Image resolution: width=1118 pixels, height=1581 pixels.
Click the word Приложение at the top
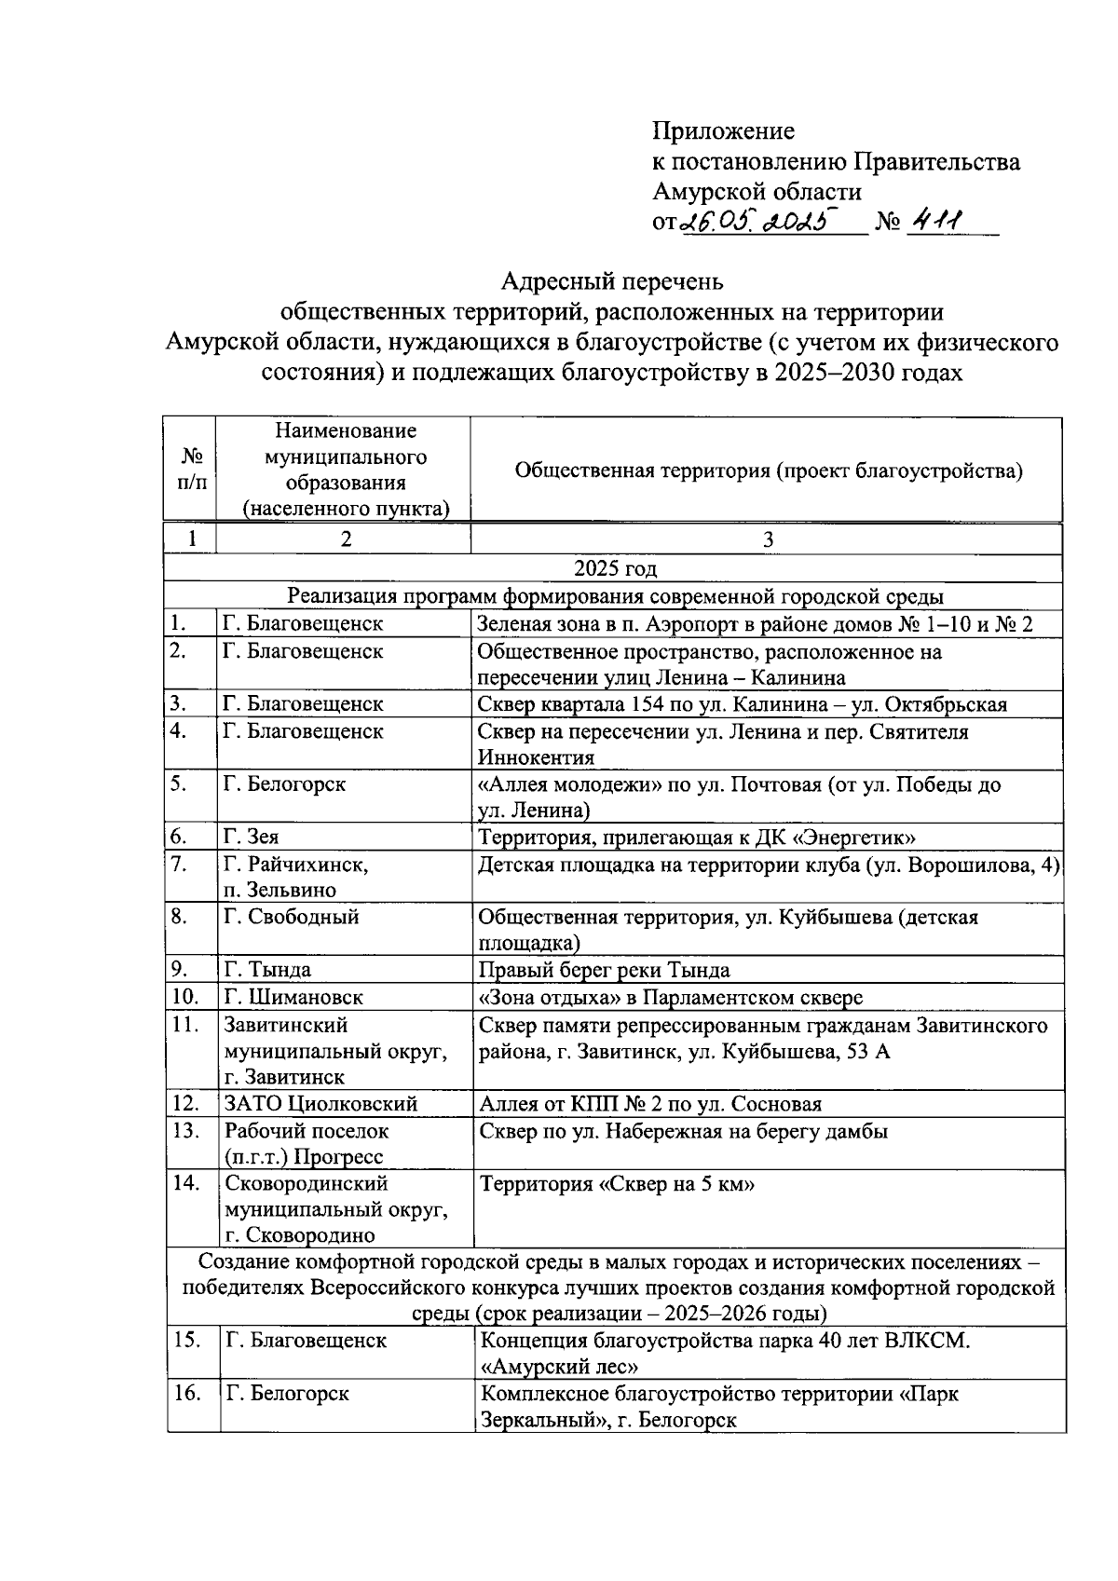pos(722,130)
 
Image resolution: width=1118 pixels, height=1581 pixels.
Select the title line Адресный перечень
pos(611,279)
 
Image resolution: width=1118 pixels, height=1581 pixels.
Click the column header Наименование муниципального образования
pos(345,470)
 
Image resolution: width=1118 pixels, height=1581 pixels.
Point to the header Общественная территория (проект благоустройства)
pos(768,470)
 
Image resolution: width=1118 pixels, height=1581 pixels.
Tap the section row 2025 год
pos(614,568)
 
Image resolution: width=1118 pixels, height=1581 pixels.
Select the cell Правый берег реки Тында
pos(604,971)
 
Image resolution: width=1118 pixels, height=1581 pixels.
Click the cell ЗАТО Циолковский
pos(320,1104)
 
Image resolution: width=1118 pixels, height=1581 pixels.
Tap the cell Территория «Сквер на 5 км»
pos(616,1184)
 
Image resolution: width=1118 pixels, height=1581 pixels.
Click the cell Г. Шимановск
pos(293,997)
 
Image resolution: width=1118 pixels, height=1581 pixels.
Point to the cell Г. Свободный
pos(291,917)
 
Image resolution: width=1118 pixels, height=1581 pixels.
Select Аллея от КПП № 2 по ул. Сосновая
pos(649,1104)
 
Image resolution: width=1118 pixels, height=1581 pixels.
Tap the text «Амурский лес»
pos(558,1367)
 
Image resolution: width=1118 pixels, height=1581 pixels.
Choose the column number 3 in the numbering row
pos(768,540)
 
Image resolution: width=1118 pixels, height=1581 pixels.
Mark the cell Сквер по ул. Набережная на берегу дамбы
pos(682,1131)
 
